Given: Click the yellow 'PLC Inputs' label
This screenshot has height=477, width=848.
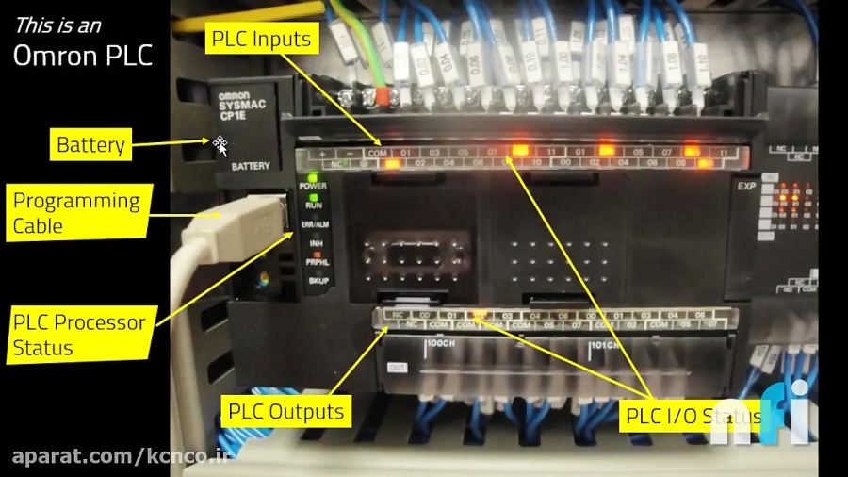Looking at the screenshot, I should click(x=260, y=40).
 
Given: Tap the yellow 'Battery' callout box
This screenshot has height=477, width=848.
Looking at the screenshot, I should click(x=90, y=145).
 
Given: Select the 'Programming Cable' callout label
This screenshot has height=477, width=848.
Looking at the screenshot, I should click(x=76, y=213).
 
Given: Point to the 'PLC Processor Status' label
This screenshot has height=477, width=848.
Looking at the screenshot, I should click(x=79, y=335).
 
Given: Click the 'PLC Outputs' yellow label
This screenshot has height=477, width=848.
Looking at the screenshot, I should click(x=286, y=411).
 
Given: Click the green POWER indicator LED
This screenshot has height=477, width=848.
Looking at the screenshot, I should click(x=312, y=176).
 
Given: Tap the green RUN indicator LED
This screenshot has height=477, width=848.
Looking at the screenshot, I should click(x=312, y=196).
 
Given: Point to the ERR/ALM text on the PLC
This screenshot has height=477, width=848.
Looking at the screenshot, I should click(x=314, y=225).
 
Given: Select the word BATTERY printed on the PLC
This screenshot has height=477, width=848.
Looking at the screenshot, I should click(x=250, y=166).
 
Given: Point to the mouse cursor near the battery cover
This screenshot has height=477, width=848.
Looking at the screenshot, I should click(x=220, y=145).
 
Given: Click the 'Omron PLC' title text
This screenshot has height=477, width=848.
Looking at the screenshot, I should click(x=83, y=55).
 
